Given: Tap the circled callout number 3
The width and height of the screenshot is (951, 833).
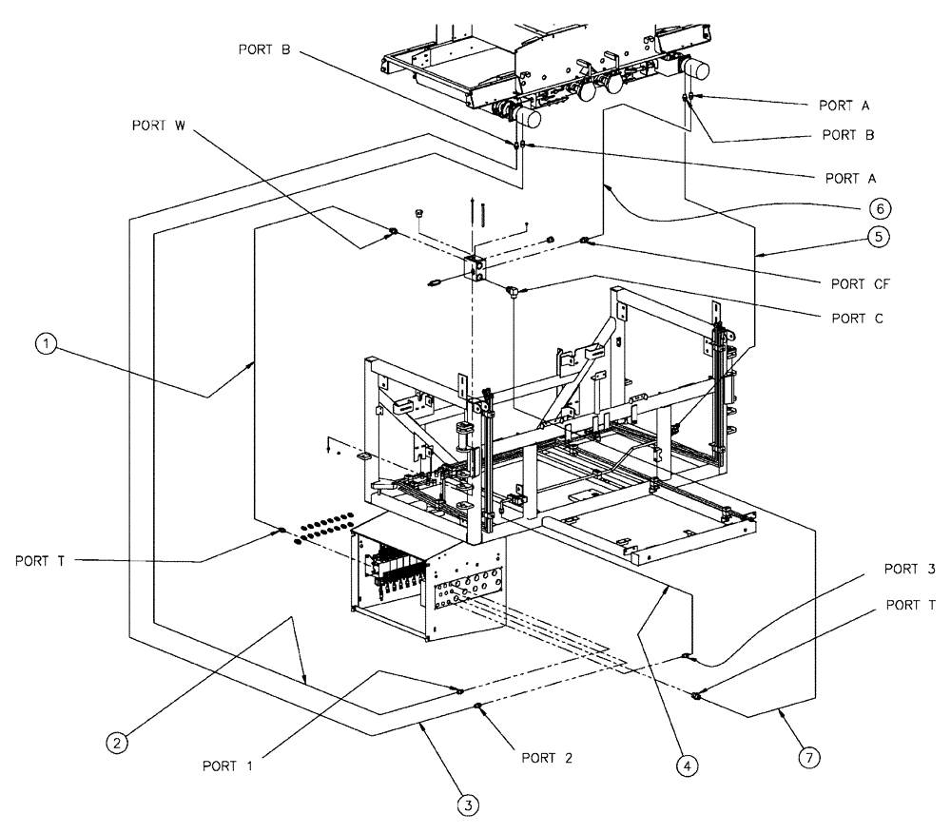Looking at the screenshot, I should [x=466, y=804].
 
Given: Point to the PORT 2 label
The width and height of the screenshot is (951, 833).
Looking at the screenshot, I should [x=552, y=758].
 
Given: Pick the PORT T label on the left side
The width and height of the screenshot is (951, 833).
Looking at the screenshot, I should [x=40, y=560].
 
